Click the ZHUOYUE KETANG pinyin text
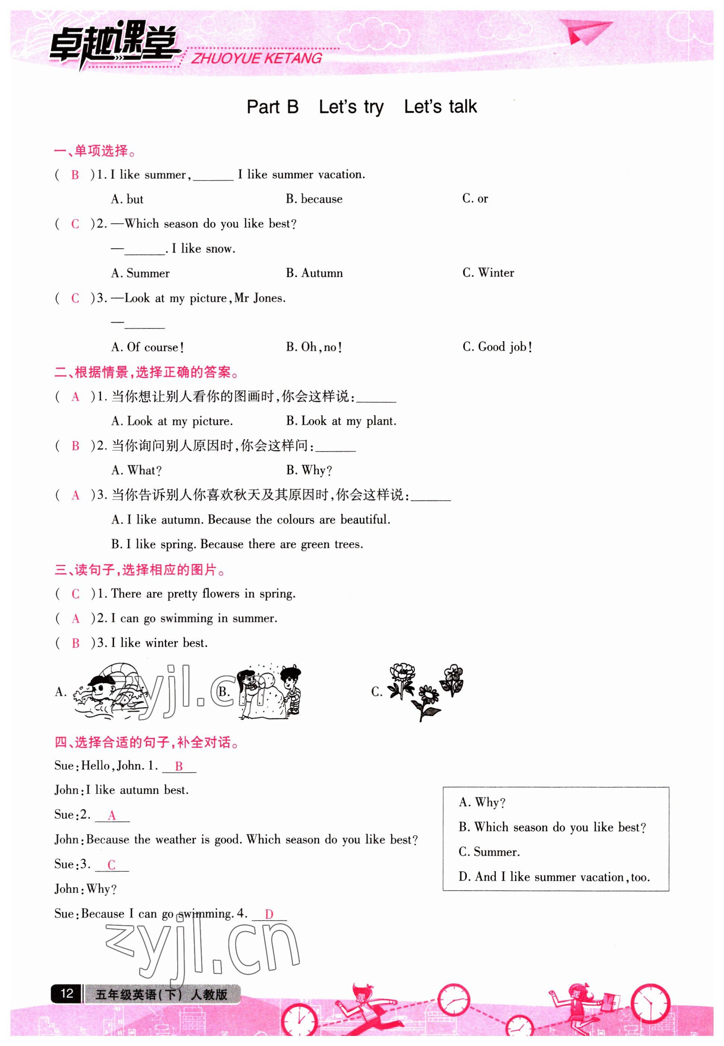pos(256,59)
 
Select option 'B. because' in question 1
pos(314,199)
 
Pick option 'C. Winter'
pos(488,273)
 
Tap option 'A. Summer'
pos(140,273)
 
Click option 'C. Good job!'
pos(497,347)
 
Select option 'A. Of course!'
pos(147,347)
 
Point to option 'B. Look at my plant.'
pos(341,421)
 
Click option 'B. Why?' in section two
pos(309,470)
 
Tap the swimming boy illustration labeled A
pos(111,691)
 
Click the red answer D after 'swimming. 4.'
pos(269,914)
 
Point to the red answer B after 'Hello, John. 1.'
pos(179,766)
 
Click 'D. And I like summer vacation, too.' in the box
pos(554,877)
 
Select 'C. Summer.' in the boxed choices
pos(489,852)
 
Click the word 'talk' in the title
pos(463,107)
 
